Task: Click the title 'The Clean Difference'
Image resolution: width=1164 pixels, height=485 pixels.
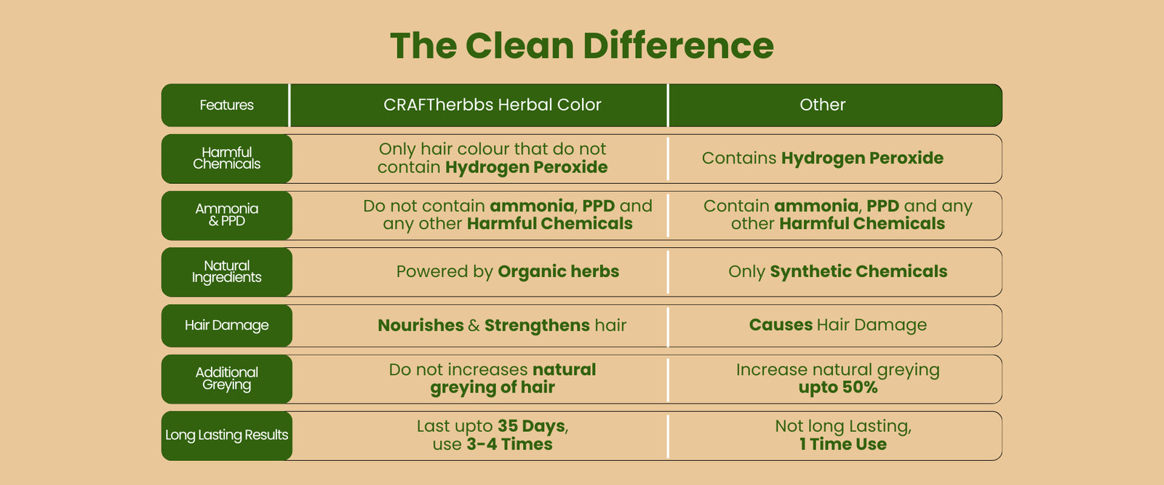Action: (x=582, y=46)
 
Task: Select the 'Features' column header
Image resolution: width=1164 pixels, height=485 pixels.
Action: (x=226, y=105)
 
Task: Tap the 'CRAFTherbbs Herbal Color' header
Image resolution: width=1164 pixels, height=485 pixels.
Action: (x=492, y=105)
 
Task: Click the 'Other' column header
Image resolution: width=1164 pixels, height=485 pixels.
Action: (x=822, y=105)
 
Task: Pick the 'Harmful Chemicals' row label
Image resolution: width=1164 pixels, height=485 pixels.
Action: (x=226, y=158)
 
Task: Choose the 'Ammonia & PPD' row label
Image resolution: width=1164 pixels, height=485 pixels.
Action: (x=226, y=215)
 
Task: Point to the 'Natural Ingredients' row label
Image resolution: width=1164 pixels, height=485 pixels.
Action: (x=226, y=271)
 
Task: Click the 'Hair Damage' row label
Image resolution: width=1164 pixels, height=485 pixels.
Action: (x=226, y=325)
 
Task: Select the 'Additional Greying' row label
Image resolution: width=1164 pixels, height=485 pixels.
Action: (x=226, y=379)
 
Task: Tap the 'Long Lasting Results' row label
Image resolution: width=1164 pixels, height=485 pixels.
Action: (x=226, y=435)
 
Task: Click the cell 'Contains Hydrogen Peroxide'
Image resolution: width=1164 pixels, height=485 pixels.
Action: (x=823, y=158)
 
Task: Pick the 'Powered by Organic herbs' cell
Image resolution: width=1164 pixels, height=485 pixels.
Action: (x=508, y=271)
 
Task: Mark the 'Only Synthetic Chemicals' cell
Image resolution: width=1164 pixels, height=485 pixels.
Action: (x=837, y=271)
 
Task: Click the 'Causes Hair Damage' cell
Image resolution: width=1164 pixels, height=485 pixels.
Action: (x=837, y=324)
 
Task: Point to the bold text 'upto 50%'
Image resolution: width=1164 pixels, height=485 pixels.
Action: (x=837, y=388)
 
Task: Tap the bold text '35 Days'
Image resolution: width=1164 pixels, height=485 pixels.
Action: (x=531, y=426)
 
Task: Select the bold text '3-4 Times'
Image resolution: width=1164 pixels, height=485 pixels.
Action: (x=509, y=444)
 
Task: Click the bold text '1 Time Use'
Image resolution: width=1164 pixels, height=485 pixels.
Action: (x=843, y=444)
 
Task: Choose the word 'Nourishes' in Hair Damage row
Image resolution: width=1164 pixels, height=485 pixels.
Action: (x=420, y=325)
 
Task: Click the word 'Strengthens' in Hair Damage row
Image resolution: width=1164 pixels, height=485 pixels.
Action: (x=537, y=325)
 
